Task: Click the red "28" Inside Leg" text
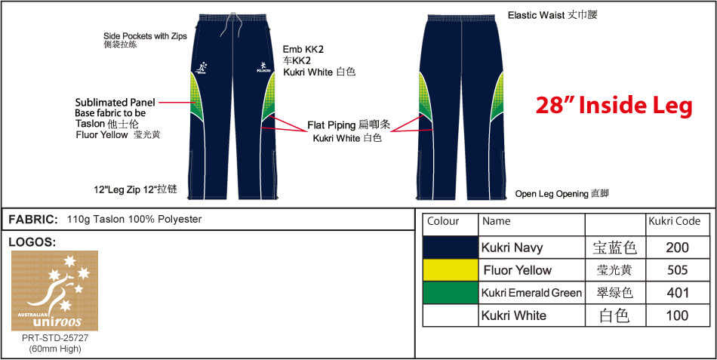[614, 106]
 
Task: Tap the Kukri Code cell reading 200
[677, 248]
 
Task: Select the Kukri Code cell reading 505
[677, 270]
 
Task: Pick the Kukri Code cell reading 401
[677, 293]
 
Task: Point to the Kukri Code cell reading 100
[677, 315]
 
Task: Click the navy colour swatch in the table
[451, 248]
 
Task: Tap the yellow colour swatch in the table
[451, 270]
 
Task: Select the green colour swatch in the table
[451, 293]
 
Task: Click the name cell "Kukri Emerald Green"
[531, 293]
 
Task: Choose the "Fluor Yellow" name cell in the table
[518, 270]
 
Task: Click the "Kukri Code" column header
[674, 222]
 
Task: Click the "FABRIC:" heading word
[33, 220]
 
